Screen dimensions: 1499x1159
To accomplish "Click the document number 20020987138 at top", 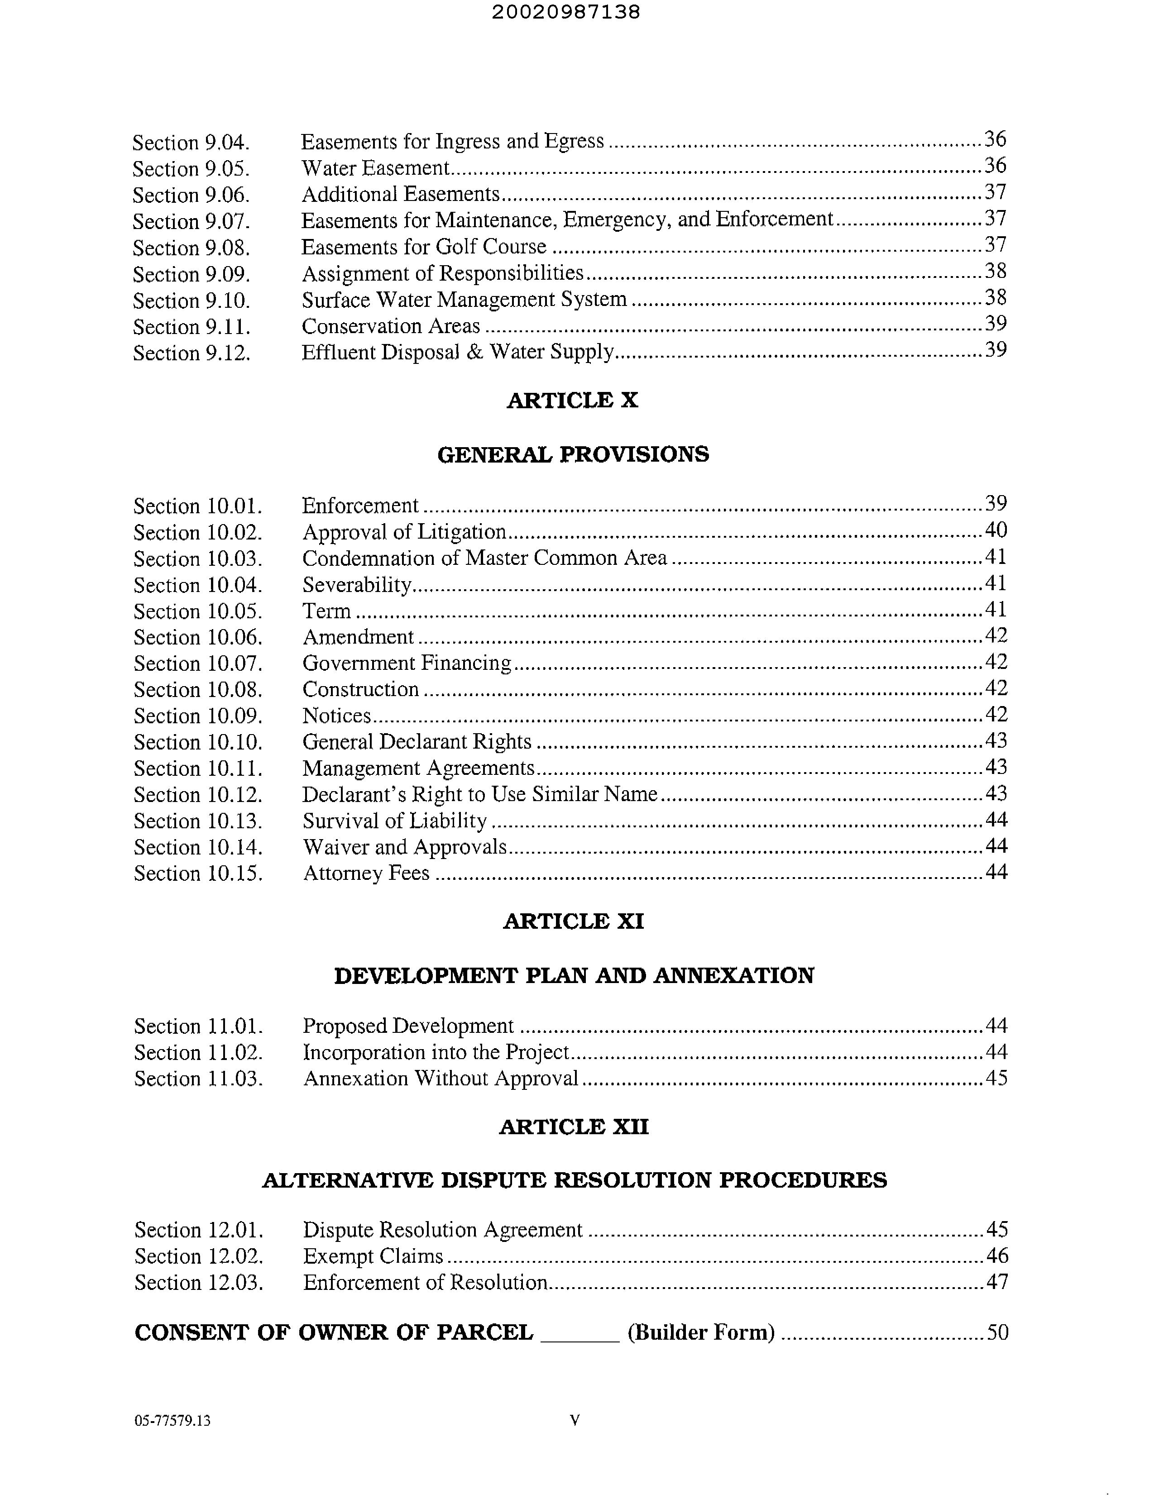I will pos(566,12).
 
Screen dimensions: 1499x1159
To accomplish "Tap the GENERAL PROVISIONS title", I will pos(573,454).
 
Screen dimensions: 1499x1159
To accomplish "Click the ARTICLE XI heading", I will pos(573,921).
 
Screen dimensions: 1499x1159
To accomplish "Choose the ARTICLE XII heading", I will pos(573,1127).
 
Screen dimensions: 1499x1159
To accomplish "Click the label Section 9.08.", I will pos(191,248).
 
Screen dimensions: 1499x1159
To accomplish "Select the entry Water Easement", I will pos(375,168).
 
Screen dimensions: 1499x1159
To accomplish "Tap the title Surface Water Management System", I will pos(464,300).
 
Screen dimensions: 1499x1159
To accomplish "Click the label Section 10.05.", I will pos(198,611).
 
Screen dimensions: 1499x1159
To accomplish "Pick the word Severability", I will pos(356,585).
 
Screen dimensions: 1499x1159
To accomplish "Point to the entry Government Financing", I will pos(407,663).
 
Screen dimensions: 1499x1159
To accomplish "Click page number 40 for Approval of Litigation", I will pos(996,530).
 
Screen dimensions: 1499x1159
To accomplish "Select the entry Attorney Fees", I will pos(366,873).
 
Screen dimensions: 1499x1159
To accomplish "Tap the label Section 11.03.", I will pos(198,1079).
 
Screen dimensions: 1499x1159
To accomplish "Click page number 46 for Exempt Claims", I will pos(997,1256).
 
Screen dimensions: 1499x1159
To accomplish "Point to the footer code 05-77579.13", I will pos(172,1421).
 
